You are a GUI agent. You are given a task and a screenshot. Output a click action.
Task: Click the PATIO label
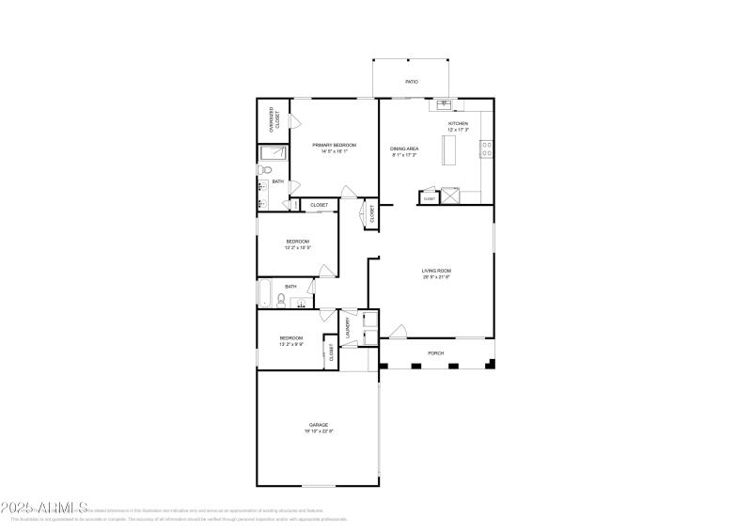[412, 82]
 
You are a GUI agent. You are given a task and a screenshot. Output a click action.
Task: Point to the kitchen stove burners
[487, 146]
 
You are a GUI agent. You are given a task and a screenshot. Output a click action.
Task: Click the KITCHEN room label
[458, 124]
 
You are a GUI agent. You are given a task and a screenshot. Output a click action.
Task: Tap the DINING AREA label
[404, 149]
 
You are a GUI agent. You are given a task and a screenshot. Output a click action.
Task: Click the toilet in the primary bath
[266, 170]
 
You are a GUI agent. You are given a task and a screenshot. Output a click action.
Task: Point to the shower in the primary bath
[273, 153]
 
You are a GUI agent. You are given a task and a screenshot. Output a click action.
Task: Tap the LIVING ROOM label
[436, 272]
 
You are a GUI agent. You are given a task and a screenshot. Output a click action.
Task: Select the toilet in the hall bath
[281, 301]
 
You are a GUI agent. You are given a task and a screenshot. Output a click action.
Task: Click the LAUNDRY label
[348, 328]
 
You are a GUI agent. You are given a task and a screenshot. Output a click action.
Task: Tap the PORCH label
[436, 354]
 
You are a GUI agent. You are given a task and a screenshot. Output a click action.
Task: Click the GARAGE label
[319, 425]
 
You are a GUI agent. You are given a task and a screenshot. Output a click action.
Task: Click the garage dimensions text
[319, 431]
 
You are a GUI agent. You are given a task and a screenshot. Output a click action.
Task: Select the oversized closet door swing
[293, 122]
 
